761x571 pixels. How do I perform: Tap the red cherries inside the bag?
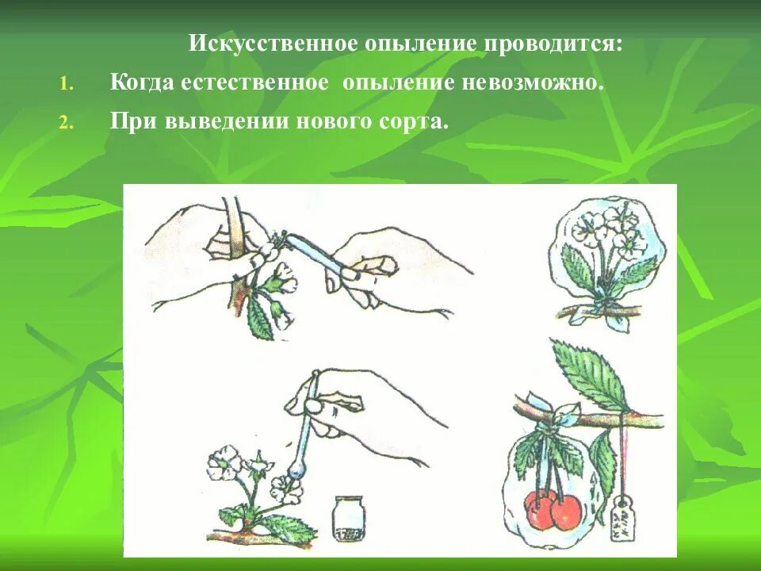(553, 509)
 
